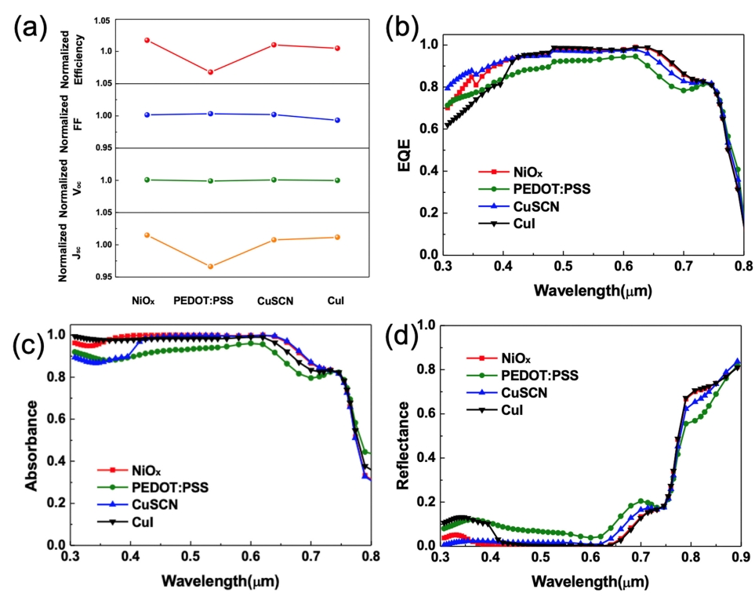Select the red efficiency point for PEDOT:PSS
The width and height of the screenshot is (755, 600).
[211, 72]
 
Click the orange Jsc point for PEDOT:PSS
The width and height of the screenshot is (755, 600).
[211, 267]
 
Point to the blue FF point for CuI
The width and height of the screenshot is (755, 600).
[337, 120]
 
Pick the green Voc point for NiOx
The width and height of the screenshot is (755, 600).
[147, 180]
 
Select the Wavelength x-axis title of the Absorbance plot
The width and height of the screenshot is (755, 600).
[220, 580]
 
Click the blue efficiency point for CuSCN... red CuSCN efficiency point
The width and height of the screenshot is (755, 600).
[274, 45]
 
